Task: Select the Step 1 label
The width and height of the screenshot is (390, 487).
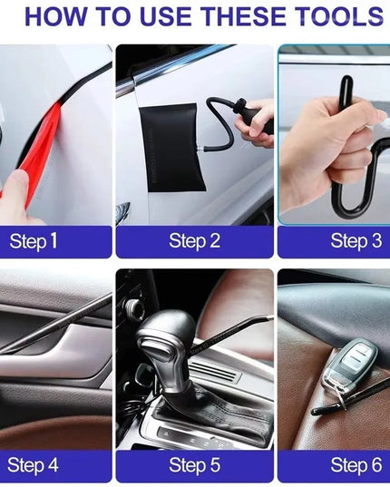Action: click(x=34, y=241)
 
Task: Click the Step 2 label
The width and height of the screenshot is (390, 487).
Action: click(x=194, y=241)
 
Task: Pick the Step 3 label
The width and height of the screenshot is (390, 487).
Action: click(x=356, y=241)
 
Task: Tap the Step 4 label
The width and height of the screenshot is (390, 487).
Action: click(x=34, y=465)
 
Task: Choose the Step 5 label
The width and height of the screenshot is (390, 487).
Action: click(x=194, y=465)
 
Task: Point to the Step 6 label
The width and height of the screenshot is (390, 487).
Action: click(x=356, y=465)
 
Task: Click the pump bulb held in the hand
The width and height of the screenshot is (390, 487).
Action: click(x=254, y=122)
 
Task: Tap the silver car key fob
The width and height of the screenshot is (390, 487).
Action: click(x=349, y=363)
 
